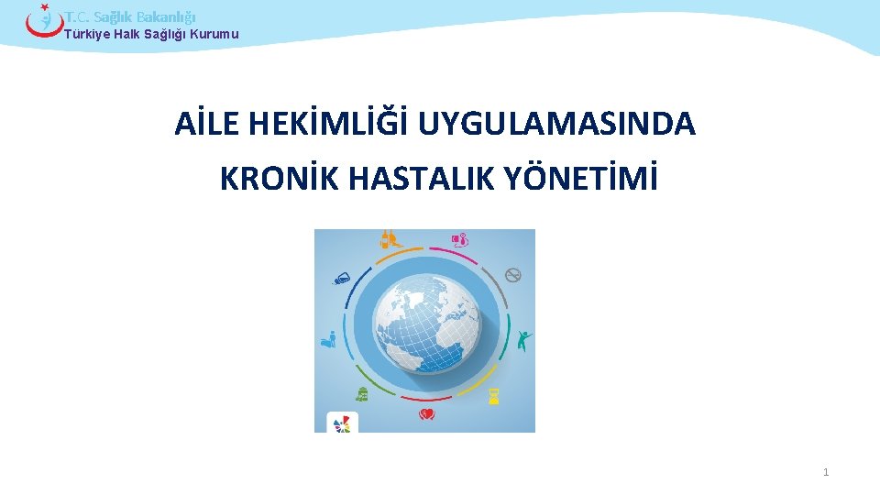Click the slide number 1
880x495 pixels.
point(826,472)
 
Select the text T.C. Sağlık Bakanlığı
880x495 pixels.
point(130,16)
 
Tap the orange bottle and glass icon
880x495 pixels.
point(389,240)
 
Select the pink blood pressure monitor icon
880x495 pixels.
point(460,240)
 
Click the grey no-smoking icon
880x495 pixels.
point(513,274)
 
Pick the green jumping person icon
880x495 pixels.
point(523,341)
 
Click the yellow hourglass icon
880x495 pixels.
point(494,396)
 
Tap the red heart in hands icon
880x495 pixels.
point(426,415)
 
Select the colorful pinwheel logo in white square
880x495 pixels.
point(342,423)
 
